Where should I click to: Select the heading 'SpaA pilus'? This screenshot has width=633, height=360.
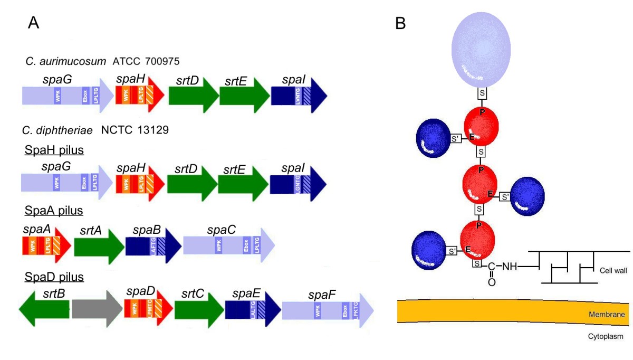coord(54,211)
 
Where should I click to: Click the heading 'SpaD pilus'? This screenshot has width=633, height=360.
coord(54,276)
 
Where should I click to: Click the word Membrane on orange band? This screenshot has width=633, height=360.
coord(607,315)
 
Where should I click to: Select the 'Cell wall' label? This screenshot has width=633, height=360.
coord(612,270)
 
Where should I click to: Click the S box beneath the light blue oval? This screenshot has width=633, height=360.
coord(482,93)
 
